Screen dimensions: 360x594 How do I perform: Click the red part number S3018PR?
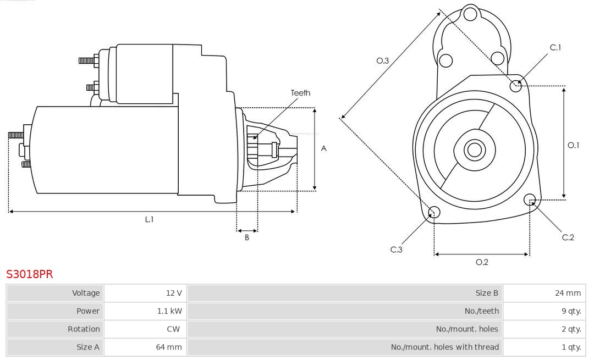tap(30, 274)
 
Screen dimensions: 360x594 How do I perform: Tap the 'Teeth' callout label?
tap(300, 93)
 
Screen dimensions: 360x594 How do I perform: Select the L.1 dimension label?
tap(149, 219)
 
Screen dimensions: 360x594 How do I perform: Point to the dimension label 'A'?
tap(324, 148)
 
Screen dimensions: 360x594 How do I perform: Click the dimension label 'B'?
tap(247, 238)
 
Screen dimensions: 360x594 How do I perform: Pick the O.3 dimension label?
tap(383, 61)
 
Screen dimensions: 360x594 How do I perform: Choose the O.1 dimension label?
tap(573, 145)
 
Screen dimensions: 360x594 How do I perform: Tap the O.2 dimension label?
tap(482, 262)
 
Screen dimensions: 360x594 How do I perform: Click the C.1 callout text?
tap(555, 47)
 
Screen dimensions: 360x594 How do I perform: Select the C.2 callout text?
tap(568, 237)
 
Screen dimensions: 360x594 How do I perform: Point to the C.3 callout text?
tap(397, 250)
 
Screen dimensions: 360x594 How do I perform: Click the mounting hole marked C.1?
tap(516, 86)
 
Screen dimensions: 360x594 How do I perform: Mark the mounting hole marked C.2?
tap(530, 199)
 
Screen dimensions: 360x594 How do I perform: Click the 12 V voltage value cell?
tap(174, 293)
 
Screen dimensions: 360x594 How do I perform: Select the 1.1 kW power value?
tap(169, 311)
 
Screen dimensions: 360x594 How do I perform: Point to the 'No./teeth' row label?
tap(481, 311)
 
